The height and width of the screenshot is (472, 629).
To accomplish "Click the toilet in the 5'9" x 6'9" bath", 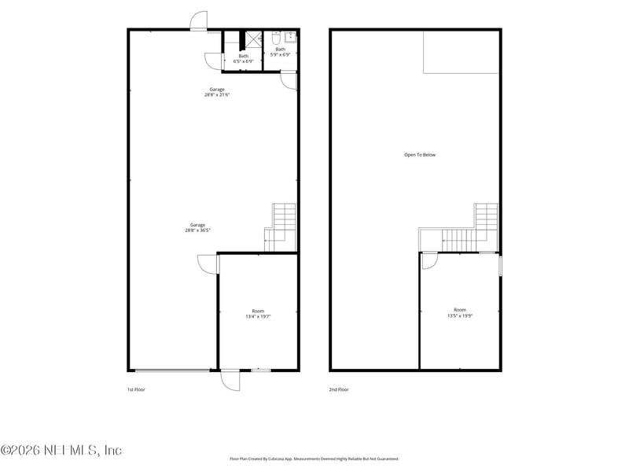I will point(276,37).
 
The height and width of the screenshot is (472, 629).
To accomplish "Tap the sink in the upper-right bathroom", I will point(291,36).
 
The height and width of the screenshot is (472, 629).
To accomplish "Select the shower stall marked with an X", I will point(253,39).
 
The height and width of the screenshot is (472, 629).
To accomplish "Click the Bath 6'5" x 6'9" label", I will point(244,58).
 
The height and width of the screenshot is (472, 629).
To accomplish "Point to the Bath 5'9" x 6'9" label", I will point(281,52).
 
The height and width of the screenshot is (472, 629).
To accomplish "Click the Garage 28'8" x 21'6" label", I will point(217,92).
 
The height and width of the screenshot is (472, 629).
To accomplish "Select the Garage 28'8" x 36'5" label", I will point(197,227).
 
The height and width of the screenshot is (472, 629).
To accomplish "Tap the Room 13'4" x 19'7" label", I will point(258,313).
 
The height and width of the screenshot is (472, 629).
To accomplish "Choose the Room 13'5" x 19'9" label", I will point(460,312).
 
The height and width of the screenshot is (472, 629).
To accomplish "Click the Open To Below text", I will point(420,155).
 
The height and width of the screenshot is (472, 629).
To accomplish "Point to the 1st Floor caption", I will point(136,389).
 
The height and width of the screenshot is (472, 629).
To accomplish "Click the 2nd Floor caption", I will point(339,389).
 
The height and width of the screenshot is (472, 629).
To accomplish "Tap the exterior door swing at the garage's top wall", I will point(198,22).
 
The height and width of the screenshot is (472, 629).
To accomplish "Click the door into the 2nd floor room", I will point(429,260).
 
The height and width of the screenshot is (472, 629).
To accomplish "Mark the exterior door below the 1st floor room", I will point(230,380).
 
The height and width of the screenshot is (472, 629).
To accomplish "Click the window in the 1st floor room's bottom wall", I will point(260,370).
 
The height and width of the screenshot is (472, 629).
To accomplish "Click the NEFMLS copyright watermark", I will point(61,451).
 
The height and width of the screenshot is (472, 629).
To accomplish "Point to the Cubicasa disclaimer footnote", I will point(314,459).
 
